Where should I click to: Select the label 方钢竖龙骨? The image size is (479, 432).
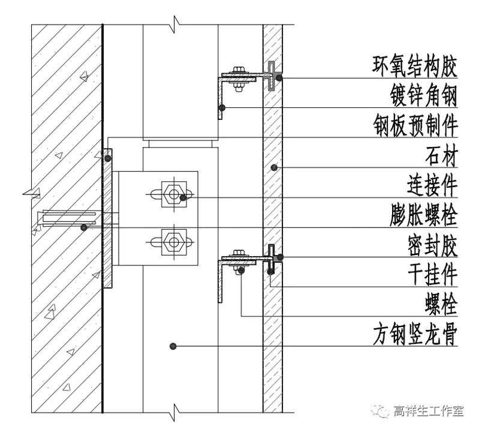pos(415,336)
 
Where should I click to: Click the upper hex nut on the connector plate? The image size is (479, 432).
pos(173,194)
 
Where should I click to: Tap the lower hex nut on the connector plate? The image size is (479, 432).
pos(173,242)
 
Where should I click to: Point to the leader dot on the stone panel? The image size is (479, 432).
pos(273,167)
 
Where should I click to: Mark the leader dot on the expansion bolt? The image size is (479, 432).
pos(85,227)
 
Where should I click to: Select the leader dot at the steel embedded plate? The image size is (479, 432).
pos(107,158)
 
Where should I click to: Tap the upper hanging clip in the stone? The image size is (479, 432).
pos(272,75)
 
